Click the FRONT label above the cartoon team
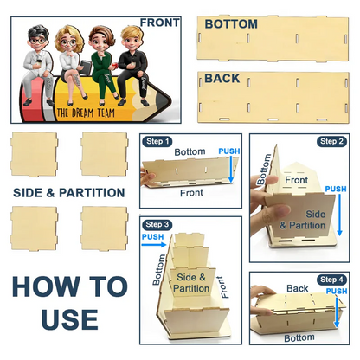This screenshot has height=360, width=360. pyautogui.click(x=159, y=22)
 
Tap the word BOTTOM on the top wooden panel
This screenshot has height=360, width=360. pyautogui.click(x=231, y=24)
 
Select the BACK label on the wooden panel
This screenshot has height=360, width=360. pyautogui.click(x=222, y=78)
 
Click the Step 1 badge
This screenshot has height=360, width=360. pyautogui.click(x=157, y=141)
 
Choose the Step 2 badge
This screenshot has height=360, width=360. pyautogui.click(x=331, y=141)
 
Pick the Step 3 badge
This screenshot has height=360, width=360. pyautogui.click(x=157, y=224)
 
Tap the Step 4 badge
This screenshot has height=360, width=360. pyautogui.click(x=331, y=280)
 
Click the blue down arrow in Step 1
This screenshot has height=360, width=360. pyautogui.click(x=231, y=170)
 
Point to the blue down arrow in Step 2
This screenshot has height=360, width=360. pyautogui.click(x=339, y=215)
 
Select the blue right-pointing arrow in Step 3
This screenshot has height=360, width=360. pyautogui.click(x=154, y=245)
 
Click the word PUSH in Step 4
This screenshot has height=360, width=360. pyautogui.click(x=337, y=292)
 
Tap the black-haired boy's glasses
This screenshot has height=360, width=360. pyautogui.click(x=38, y=41)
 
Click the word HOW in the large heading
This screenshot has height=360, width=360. pyautogui.click(x=46, y=286)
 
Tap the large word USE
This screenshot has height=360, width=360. pyautogui.click(x=69, y=319)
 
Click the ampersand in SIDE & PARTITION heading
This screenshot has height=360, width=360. pyautogui.click(x=50, y=193)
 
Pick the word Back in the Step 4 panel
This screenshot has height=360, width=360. pyautogui.click(x=298, y=288)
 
